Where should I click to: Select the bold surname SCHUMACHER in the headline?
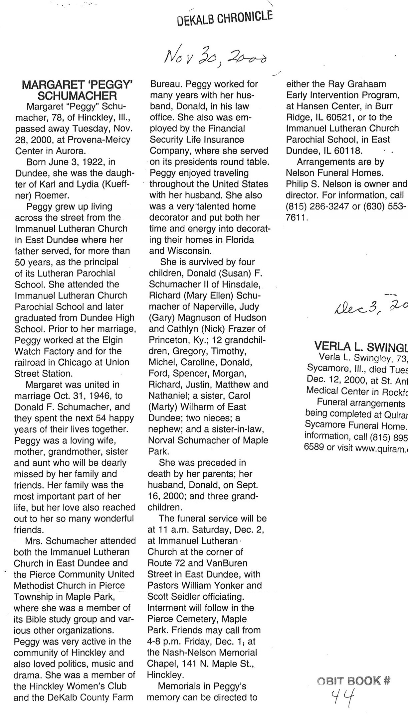(77, 96)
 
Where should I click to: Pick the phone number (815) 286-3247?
(317, 206)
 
